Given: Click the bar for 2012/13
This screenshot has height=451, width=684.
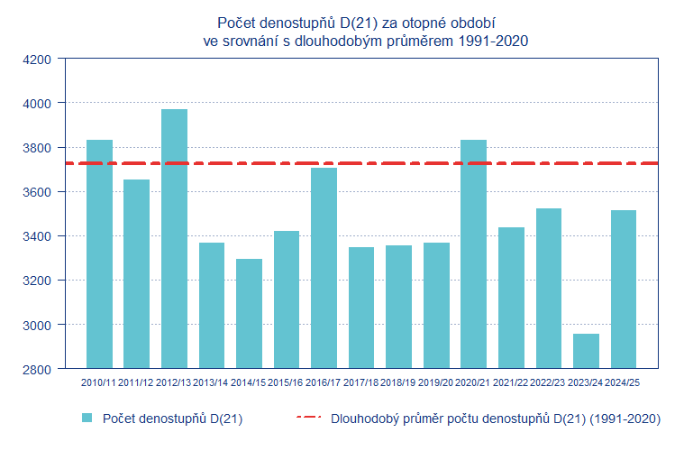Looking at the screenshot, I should [x=174, y=239].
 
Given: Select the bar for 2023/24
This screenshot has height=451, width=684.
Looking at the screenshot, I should [x=586, y=351].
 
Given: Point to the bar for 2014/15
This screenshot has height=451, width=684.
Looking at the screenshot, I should [x=249, y=314].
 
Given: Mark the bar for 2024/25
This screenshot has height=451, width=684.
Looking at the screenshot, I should [x=624, y=290].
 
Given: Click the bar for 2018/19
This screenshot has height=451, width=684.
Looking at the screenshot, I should [x=398, y=307].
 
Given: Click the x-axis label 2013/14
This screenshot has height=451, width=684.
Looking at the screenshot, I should [x=211, y=383].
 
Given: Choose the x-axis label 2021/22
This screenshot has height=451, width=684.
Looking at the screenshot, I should [x=511, y=383].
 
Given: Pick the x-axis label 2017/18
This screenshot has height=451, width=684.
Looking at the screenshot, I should [x=360, y=383].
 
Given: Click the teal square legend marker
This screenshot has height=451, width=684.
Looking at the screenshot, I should [x=87, y=419].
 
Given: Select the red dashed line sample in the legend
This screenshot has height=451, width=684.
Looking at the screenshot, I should [x=308, y=419].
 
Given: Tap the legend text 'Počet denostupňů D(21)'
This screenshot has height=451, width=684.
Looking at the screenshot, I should [x=172, y=419].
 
